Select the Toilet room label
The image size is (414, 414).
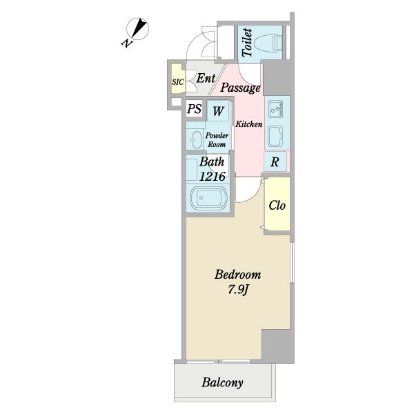[x=247, y=43]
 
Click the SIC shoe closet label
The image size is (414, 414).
[x=178, y=82]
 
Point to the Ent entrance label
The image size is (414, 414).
[x=206, y=78]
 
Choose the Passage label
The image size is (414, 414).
[x=240, y=88]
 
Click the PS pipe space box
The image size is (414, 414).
[x=195, y=108]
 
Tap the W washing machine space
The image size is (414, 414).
[x=218, y=110]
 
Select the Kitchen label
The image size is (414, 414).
[x=248, y=124]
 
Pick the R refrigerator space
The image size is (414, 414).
[x=275, y=161]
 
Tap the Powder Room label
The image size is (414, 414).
[x=217, y=140]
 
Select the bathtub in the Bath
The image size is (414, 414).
[x=208, y=198]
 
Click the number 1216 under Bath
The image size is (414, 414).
[x=213, y=176]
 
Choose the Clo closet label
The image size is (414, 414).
[x=277, y=205]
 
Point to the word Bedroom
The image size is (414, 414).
[x=237, y=275]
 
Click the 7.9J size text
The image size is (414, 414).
[x=237, y=290]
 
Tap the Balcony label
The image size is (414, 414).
[x=222, y=382]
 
